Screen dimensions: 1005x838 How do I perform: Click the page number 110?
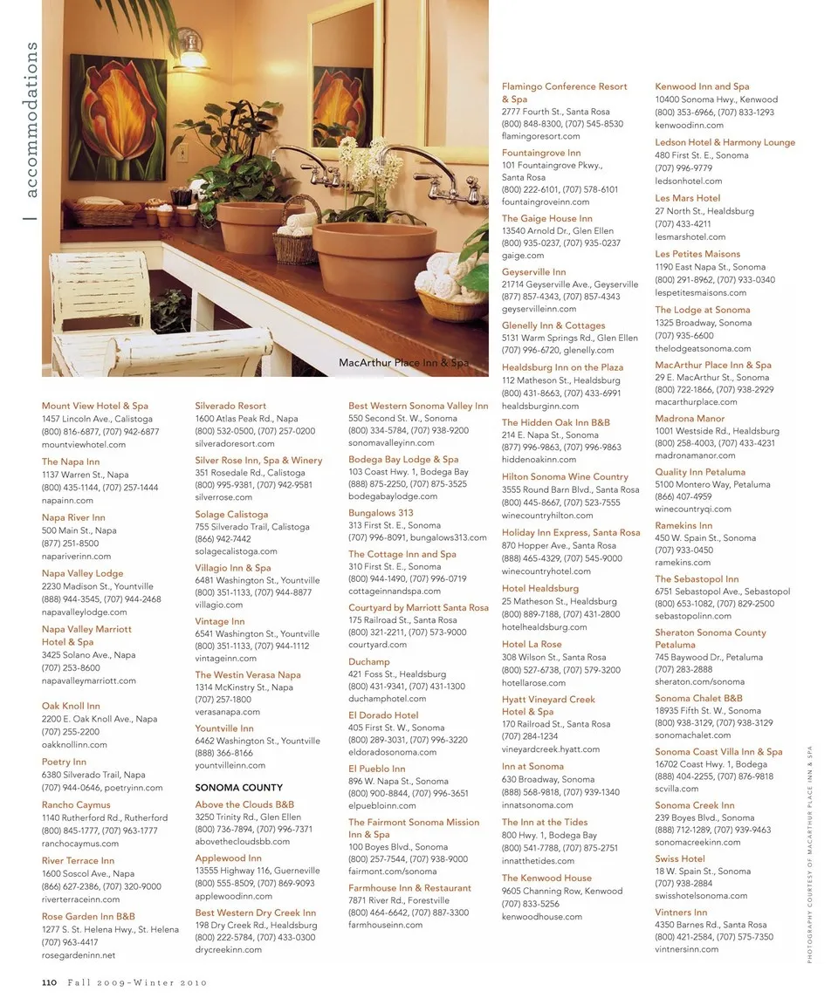(x=49, y=982)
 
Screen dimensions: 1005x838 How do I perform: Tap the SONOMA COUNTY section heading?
(x=238, y=787)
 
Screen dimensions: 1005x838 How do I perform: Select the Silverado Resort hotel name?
(x=230, y=406)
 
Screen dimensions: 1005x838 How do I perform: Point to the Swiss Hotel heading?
(x=680, y=858)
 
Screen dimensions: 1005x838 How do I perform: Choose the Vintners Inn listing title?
(x=681, y=913)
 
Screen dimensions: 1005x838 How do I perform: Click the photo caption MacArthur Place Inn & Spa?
(x=403, y=362)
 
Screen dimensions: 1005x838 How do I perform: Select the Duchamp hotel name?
(x=369, y=661)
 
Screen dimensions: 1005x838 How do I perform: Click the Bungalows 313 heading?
(x=381, y=513)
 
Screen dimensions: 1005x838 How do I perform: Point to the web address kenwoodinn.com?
(x=689, y=125)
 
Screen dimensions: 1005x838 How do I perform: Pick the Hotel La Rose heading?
(x=532, y=644)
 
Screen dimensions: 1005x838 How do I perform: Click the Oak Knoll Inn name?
(x=71, y=706)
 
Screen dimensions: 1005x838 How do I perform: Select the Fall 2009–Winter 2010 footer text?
(x=138, y=982)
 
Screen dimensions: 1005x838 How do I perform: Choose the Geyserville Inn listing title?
(x=533, y=272)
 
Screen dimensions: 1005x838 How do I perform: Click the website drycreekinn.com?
(x=228, y=949)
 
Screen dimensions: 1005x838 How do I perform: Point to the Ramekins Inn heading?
(x=683, y=525)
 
